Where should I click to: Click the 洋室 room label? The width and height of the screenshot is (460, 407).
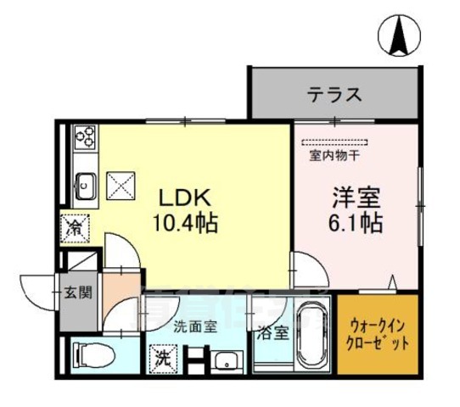[x=355, y=199]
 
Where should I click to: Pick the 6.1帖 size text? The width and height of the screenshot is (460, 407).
[x=355, y=224]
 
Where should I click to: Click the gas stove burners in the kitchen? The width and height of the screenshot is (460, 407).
[x=86, y=136]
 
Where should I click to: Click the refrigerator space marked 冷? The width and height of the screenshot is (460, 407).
[x=76, y=227]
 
